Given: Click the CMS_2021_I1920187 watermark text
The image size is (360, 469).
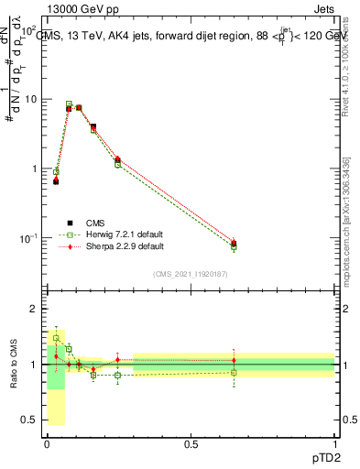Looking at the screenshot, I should (x=191, y=273).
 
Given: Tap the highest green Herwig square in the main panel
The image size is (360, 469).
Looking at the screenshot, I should (x=69, y=104).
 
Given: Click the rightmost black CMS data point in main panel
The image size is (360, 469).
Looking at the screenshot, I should (x=234, y=244).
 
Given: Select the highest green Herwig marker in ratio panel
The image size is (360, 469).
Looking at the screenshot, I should (x=56, y=338).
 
